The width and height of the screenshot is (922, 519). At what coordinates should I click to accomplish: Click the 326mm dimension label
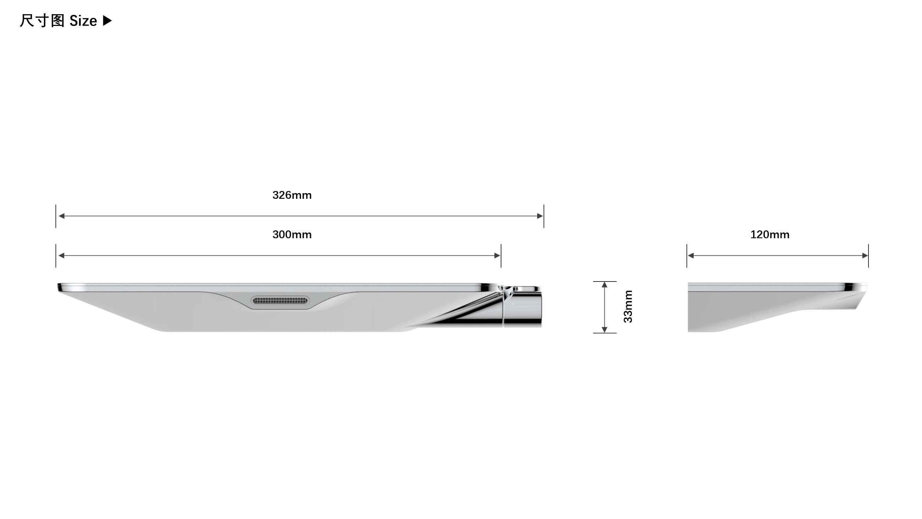292,195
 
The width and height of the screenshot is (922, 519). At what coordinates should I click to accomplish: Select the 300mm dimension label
292,235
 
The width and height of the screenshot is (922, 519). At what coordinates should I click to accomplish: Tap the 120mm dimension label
770,235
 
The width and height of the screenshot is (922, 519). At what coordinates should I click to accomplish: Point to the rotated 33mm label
628,307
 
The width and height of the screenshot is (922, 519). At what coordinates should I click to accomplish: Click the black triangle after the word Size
107,21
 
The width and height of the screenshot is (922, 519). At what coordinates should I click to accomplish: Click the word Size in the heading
83,21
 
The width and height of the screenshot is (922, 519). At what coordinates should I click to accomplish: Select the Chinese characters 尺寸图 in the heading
42,21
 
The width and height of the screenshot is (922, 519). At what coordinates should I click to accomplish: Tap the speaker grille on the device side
280,301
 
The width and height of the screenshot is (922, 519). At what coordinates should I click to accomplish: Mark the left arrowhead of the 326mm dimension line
61,216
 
